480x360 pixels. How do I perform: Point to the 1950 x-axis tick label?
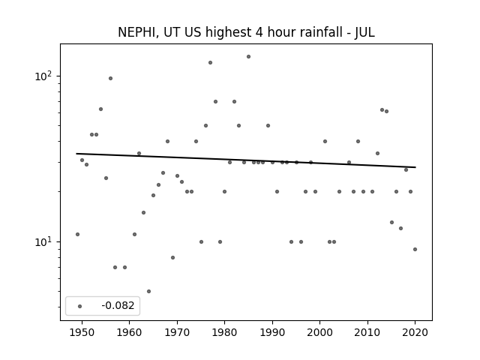(82, 332)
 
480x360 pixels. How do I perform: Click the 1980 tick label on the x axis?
(225, 332)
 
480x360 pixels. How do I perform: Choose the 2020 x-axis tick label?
(415, 332)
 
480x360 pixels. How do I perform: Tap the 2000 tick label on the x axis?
(320, 332)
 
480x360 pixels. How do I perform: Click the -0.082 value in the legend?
(118, 305)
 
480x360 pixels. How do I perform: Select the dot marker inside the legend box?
(80, 306)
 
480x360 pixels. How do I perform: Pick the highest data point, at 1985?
(248, 57)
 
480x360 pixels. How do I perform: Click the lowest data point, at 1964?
(148, 292)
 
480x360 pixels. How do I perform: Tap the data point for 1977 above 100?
(210, 63)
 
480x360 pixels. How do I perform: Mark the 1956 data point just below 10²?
(110, 78)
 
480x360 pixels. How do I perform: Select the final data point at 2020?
(415, 250)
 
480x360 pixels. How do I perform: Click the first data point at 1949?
(77, 235)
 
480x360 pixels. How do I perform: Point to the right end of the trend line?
(415, 167)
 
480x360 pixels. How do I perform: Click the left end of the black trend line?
(76, 154)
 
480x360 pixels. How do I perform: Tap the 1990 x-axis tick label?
(272, 332)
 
